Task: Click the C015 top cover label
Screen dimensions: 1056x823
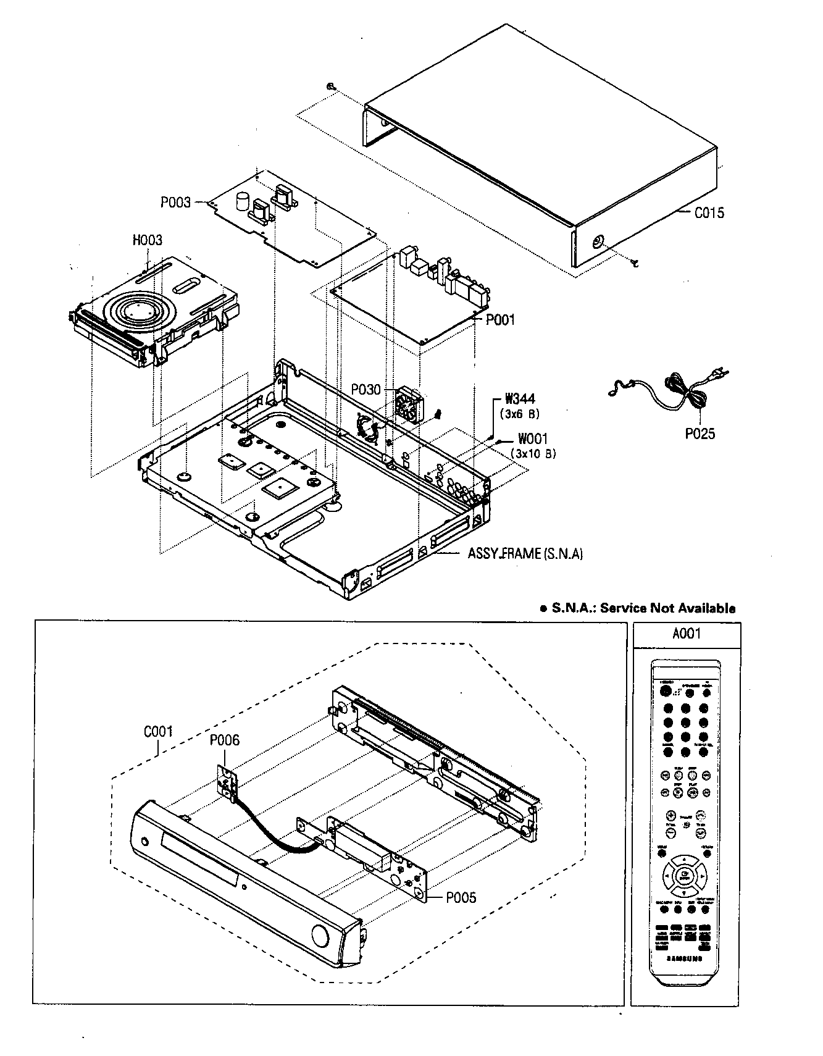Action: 709,213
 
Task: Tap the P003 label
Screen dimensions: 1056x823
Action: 176,202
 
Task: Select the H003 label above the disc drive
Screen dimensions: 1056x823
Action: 148,240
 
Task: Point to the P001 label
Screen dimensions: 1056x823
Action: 499,320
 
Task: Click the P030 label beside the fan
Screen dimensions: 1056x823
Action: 366,391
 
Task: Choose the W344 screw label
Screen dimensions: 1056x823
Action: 519,400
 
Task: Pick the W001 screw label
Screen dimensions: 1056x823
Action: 533,439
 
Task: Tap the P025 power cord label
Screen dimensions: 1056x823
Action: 700,434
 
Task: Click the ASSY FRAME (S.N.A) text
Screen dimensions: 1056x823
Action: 525,553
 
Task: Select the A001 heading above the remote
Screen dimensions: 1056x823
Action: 686,634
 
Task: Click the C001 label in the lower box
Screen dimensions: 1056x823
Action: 158,732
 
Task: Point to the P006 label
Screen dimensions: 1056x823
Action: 224,740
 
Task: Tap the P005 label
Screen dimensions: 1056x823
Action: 461,897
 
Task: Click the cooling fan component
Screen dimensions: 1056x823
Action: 408,404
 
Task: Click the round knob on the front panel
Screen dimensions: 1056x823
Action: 320,936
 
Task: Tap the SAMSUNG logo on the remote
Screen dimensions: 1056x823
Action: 685,958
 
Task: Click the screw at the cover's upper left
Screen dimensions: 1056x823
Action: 332,87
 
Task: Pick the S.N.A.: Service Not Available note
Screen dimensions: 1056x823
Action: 638,608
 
